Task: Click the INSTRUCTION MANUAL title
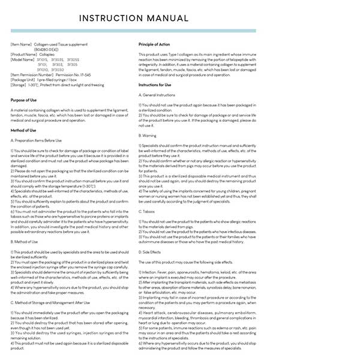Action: (134, 19)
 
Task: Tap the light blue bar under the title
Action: (133, 31)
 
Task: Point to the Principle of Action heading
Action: (154, 44)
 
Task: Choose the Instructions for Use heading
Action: (155, 85)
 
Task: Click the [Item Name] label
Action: (21, 44)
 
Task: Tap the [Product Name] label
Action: (23, 54)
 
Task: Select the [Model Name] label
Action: (22, 59)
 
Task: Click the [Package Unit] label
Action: (23, 79)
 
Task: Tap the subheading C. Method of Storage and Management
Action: (50, 304)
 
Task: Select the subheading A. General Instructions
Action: (157, 95)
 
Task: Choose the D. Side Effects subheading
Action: (152, 253)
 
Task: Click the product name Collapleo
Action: (43, 54)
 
